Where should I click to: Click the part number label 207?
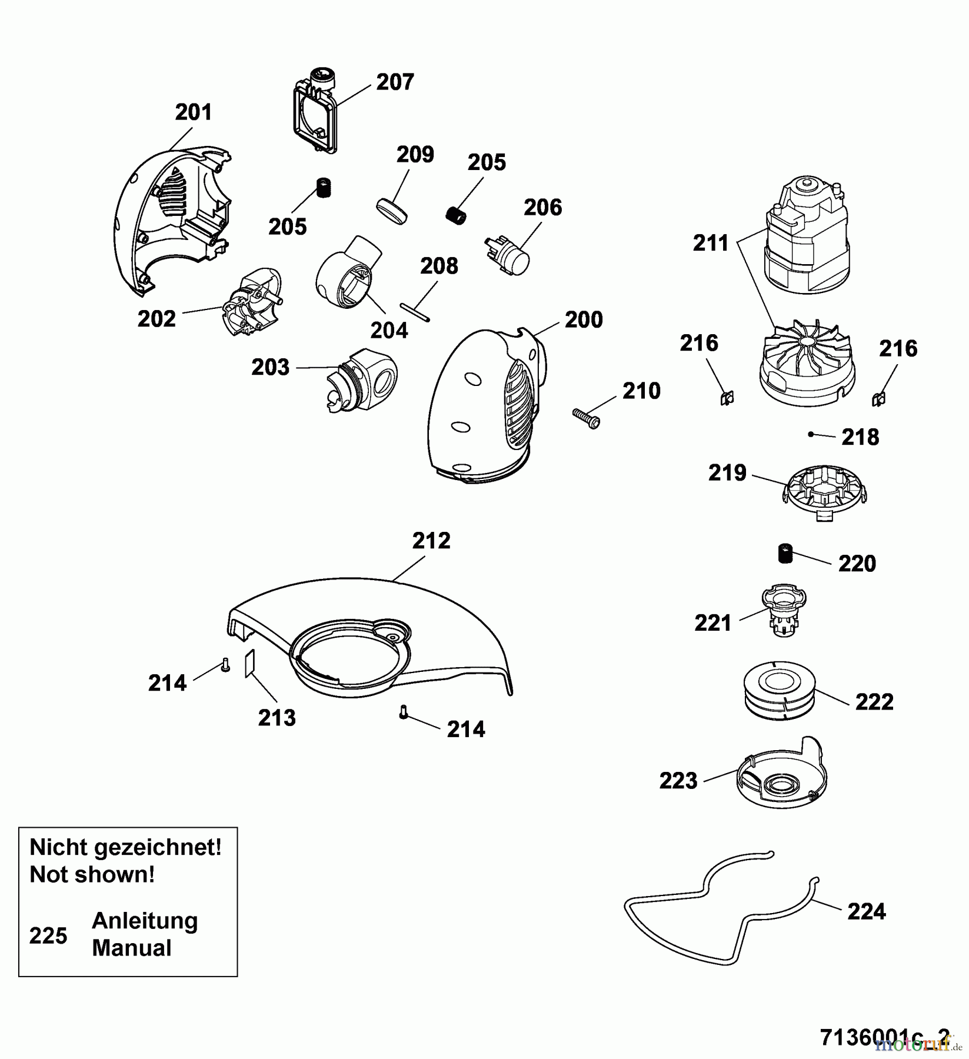click(x=395, y=82)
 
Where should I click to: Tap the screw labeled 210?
click(x=586, y=417)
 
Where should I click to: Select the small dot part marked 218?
click(x=811, y=434)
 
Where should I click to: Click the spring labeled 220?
click(x=783, y=554)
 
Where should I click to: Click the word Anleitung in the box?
click(x=145, y=920)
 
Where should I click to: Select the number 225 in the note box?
click(x=48, y=935)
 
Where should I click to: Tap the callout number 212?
click(x=431, y=541)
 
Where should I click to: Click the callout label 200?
click(x=584, y=320)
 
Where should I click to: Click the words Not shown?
click(x=92, y=874)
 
